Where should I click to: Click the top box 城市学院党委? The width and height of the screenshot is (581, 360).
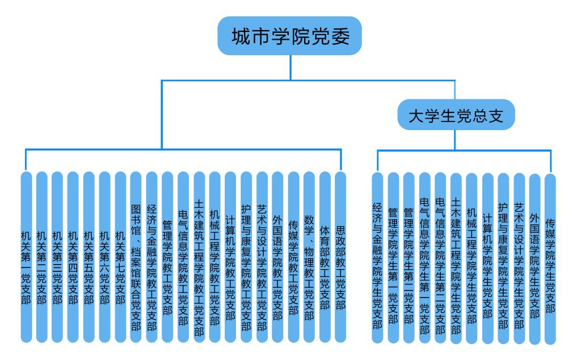[289, 36]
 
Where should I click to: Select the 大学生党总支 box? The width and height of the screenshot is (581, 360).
[456, 116]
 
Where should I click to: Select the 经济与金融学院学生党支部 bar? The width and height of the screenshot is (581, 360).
[377, 258]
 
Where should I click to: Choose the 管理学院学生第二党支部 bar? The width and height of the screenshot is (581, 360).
[409, 258]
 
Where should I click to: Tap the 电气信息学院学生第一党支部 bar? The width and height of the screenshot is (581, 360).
[424, 258]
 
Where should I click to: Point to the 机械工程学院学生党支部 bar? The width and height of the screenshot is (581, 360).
[471, 258]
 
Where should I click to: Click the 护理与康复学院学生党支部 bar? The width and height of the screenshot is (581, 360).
[503, 258]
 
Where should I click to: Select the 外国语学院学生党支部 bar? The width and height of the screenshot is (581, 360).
[534, 258]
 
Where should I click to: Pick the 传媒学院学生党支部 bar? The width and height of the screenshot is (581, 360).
[550, 258]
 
